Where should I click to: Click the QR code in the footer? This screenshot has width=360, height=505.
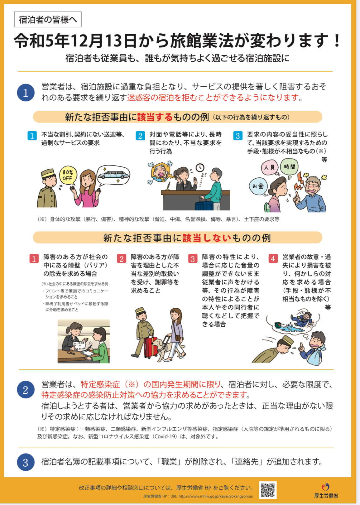[x=268, y=490]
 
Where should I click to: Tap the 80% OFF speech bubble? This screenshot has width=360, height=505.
[x=68, y=175]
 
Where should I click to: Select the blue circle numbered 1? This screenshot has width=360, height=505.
[x=26, y=93]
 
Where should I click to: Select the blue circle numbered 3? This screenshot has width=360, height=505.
[x=26, y=462]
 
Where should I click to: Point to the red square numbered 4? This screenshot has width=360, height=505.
[x=273, y=258]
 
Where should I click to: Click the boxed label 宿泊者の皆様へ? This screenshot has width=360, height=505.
[x=48, y=20]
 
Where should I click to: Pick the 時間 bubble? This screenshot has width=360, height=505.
[x=289, y=167]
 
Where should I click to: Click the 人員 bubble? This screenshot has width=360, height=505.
[x=269, y=167]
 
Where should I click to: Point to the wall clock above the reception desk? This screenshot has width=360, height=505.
[x=200, y=168]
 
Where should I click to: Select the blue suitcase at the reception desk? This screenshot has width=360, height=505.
[x=204, y=205]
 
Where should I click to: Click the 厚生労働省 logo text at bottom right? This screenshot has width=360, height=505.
[x=326, y=496]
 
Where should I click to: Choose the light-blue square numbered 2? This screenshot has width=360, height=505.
[x=140, y=136]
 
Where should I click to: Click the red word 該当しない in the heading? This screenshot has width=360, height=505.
[x=207, y=238]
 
